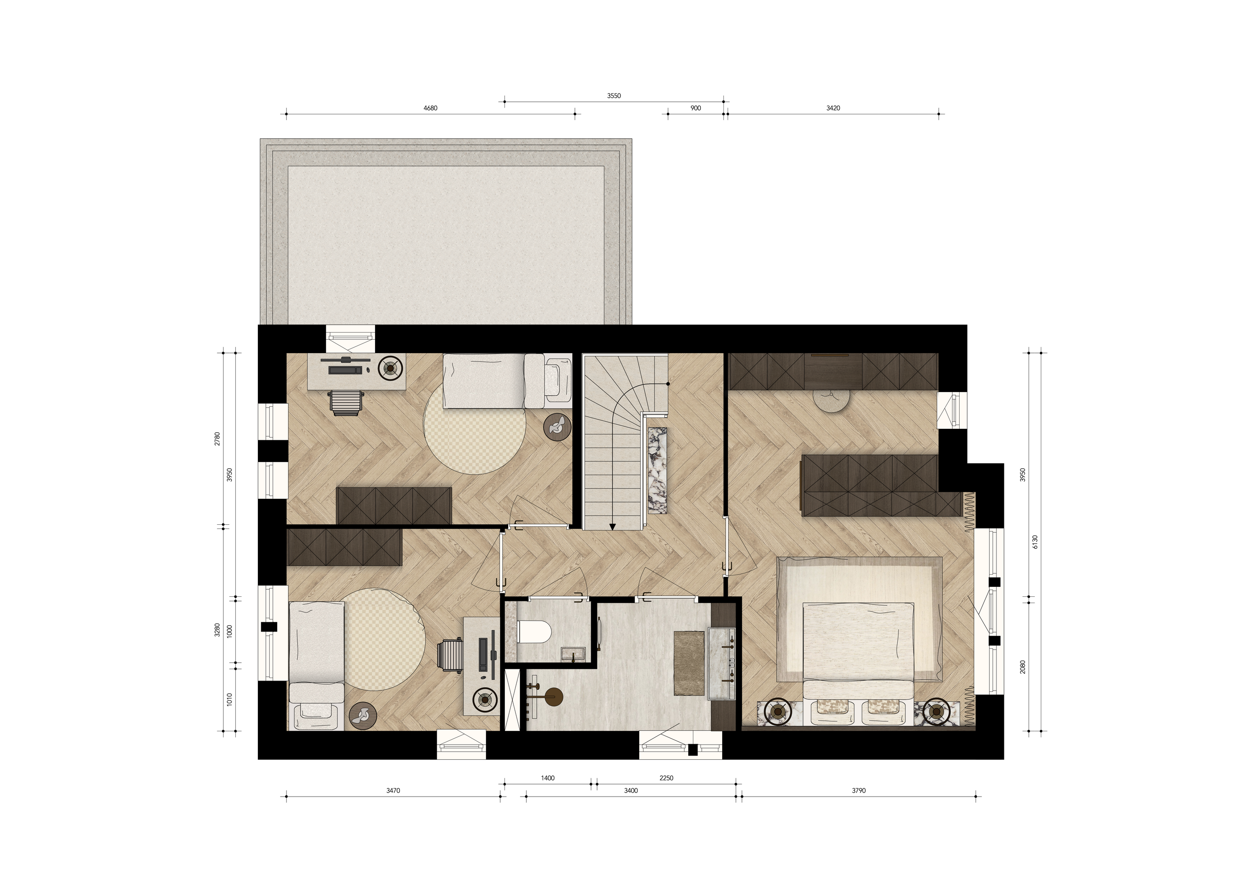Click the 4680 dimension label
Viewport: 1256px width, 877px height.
(430, 108)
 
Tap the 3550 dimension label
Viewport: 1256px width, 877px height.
(614, 96)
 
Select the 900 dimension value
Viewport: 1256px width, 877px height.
(695, 108)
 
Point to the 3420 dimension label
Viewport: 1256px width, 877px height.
(833, 108)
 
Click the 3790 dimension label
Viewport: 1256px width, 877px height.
(859, 791)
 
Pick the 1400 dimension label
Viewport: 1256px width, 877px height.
(548, 778)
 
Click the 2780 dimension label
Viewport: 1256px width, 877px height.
(217, 439)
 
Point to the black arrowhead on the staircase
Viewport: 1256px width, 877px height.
(613, 527)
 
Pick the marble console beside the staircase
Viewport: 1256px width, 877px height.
(657, 470)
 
